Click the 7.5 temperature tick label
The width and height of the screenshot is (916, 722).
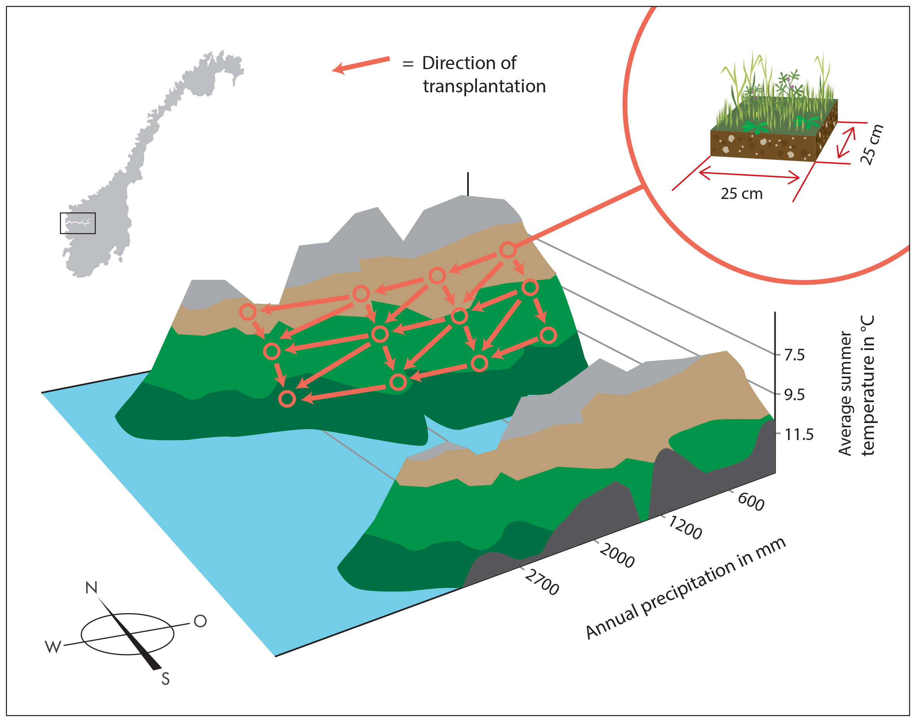click(x=794, y=355)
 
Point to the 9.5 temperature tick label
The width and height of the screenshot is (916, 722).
click(x=794, y=394)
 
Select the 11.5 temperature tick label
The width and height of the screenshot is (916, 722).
click(x=799, y=434)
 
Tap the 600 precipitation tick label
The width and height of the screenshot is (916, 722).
click(x=751, y=502)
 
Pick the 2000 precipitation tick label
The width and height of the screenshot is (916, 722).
click(x=617, y=556)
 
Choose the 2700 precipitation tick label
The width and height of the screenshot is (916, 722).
click(x=542, y=582)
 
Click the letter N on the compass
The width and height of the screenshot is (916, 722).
click(x=91, y=588)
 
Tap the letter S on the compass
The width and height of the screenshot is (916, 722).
click(x=165, y=679)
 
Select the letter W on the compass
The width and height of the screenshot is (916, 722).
click(x=53, y=647)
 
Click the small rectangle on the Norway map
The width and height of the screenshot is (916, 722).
click(x=78, y=223)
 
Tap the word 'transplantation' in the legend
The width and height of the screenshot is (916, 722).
click(x=484, y=86)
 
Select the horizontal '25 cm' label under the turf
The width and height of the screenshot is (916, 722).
click(x=741, y=194)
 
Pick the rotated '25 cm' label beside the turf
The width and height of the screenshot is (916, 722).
click(x=872, y=144)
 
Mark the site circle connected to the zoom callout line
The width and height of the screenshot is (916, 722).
click(x=507, y=250)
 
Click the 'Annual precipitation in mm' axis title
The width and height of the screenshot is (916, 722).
click(x=685, y=588)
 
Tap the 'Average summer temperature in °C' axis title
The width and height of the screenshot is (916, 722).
click(x=856, y=386)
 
